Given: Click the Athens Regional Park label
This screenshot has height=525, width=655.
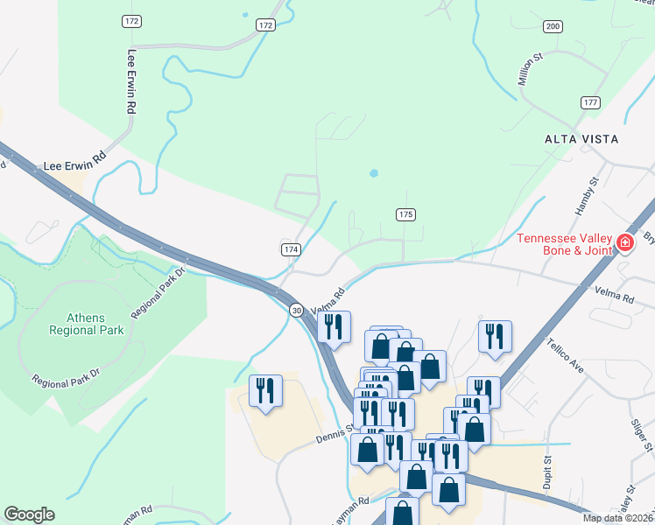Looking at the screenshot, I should (x=84, y=324).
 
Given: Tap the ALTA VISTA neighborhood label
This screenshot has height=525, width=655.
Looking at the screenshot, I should (x=581, y=139).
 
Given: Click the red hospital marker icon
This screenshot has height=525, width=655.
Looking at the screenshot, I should (x=625, y=242).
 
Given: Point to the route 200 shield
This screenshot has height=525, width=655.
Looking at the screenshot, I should (x=552, y=26).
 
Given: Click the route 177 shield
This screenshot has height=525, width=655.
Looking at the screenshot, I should (x=590, y=102).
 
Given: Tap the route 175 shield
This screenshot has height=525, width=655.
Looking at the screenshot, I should (x=405, y=214).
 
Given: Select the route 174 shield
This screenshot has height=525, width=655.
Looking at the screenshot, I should (x=292, y=249).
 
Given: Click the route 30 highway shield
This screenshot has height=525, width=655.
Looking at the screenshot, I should (x=297, y=311).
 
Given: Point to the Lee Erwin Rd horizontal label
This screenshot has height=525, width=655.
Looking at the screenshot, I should (x=74, y=159).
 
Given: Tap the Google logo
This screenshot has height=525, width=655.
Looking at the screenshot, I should (x=29, y=514).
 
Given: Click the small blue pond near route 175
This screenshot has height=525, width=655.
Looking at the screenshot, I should (x=375, y=172).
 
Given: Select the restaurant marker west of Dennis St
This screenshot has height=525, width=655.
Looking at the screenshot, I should (x=266, y=391).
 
